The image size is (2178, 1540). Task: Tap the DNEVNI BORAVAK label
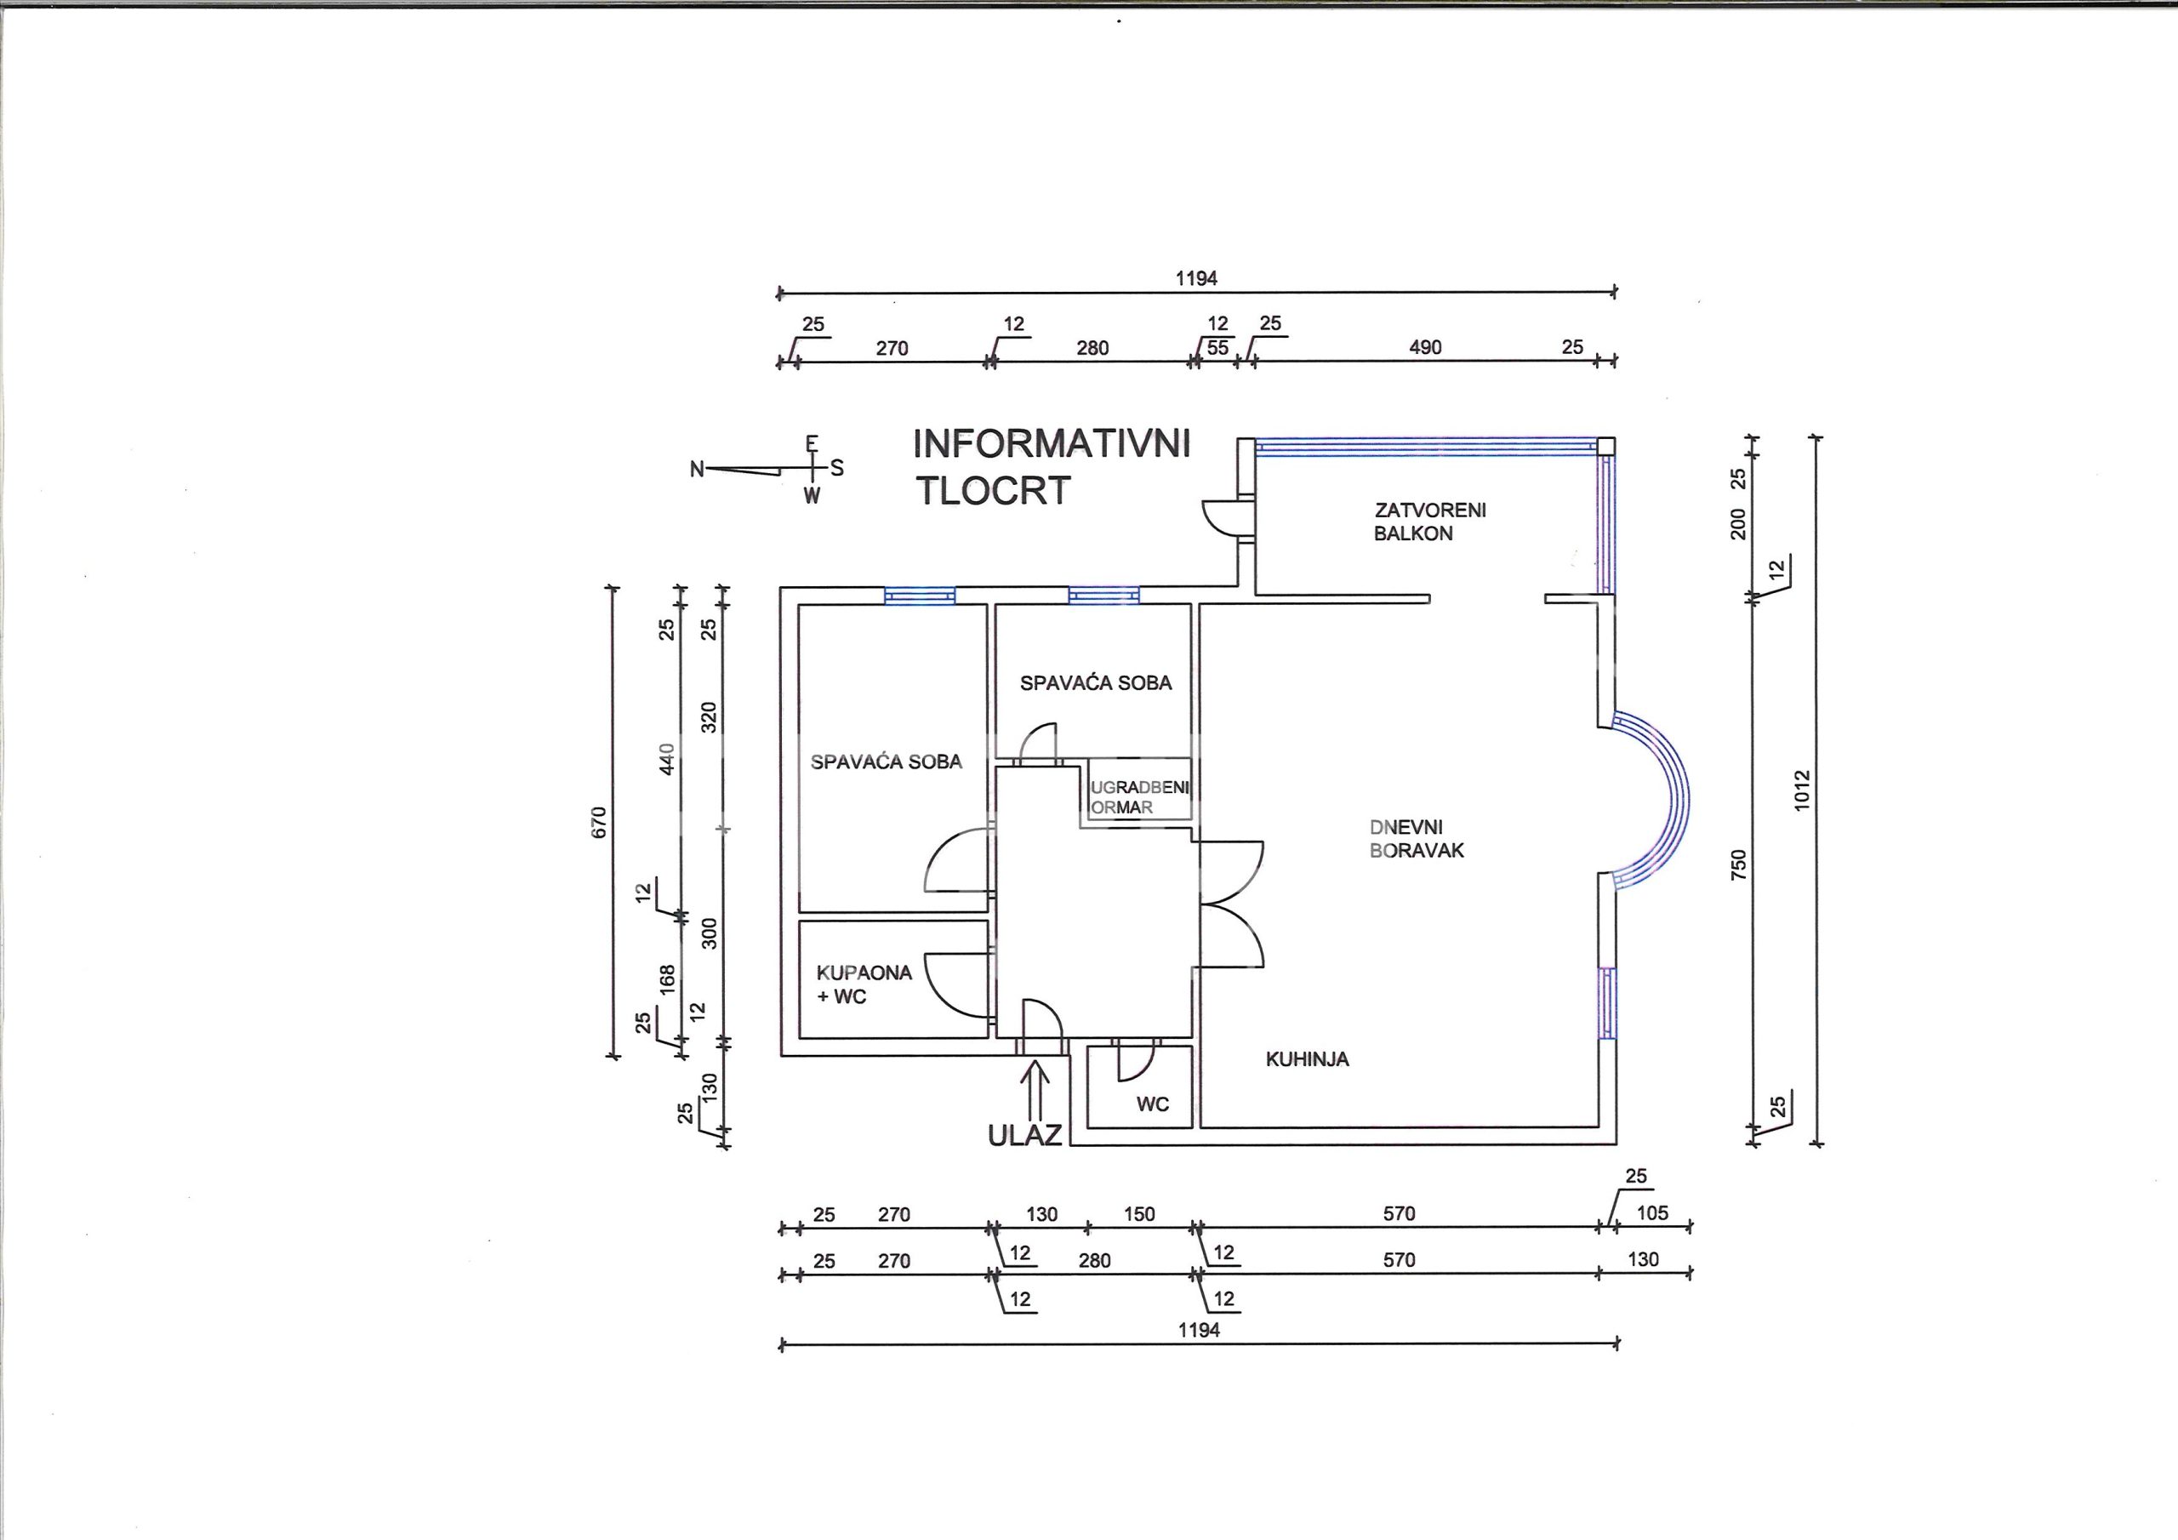1417,839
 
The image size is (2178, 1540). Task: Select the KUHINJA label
1307,1059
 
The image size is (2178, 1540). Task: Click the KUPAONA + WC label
864,984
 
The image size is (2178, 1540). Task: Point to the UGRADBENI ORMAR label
1139,797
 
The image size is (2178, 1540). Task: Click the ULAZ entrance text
1024,1135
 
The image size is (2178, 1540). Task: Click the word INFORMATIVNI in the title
1051,444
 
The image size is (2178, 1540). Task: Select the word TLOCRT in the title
992,491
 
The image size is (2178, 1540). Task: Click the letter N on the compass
698,469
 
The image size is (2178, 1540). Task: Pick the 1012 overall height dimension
1802,790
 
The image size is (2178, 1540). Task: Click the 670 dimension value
599,822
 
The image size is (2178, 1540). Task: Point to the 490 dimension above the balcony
1425,347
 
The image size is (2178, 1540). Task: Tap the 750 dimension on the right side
1738,865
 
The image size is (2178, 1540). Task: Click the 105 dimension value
1652,1212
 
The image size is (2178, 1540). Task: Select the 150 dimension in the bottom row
1139,1214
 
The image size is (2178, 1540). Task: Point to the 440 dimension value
667,759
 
